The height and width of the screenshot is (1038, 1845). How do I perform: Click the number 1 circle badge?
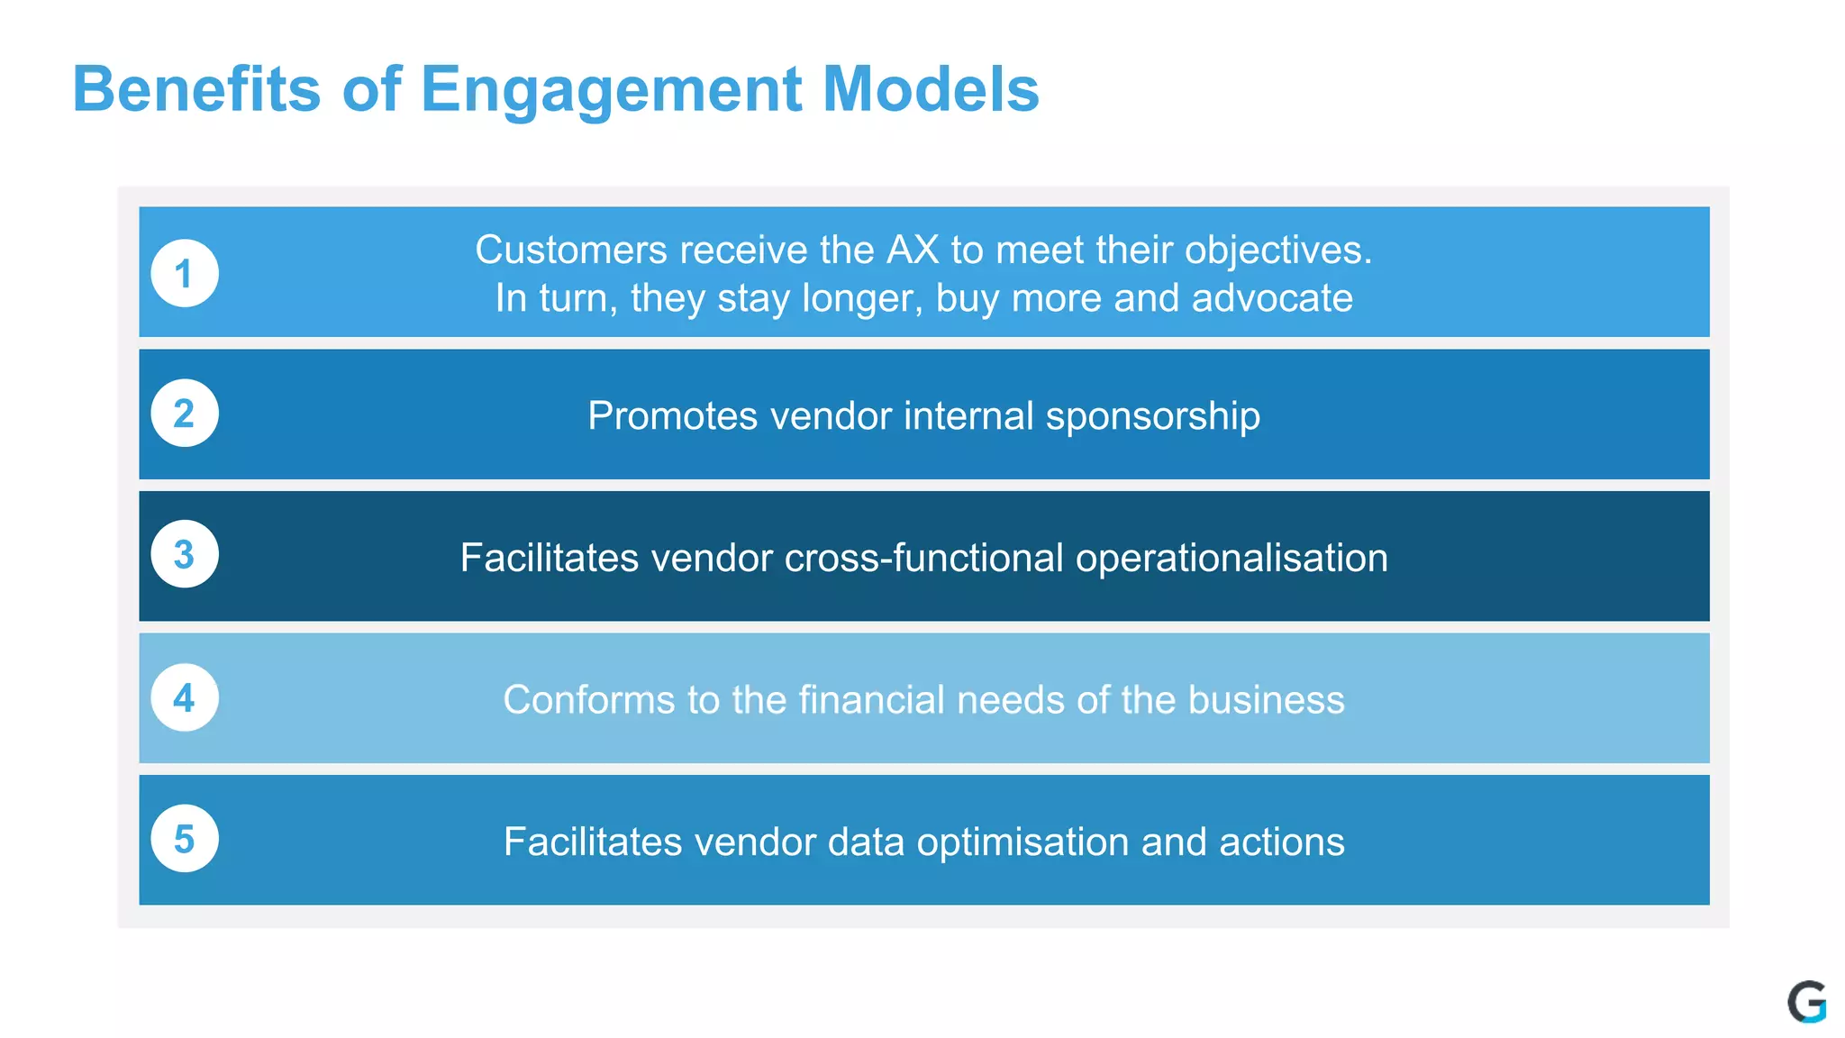185,273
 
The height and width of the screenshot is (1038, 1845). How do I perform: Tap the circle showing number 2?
185,414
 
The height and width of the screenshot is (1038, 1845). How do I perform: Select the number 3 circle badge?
185,554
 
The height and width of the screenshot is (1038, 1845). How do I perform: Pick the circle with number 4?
185,697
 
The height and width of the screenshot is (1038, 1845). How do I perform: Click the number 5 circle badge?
185,839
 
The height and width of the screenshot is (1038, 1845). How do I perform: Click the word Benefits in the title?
196,89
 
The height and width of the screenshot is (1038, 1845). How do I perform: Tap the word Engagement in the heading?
611,89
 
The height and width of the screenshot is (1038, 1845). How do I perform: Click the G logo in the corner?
1806,1002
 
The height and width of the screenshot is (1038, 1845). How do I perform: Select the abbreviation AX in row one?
913,250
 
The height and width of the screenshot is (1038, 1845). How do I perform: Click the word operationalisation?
1232,558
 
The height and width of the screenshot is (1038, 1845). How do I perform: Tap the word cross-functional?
924,558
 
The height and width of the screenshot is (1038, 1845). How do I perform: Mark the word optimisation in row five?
1022,842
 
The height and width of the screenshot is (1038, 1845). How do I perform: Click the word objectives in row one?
1277,250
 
